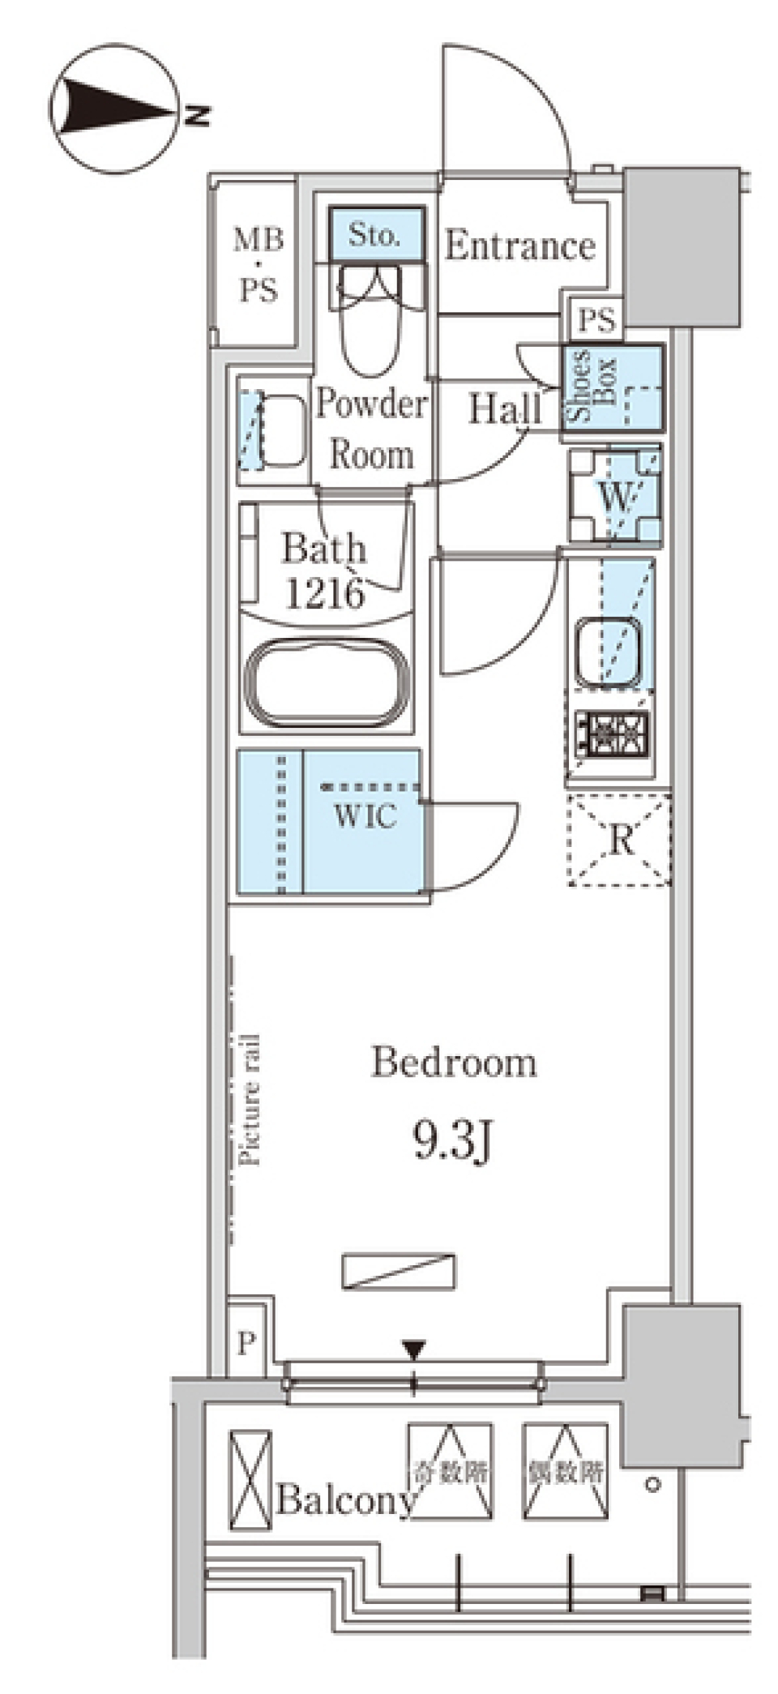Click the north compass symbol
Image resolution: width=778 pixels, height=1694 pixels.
click(x=113, y=109)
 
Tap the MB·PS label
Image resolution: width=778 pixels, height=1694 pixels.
click(x=259, y=264)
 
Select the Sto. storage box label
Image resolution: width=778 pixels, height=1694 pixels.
click(x=374, y=235)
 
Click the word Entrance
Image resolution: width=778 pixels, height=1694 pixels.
click(x=519, y=246)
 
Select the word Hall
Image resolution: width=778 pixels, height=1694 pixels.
click(x=505, y=409)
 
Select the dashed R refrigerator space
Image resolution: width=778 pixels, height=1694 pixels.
click(x=620, y=841)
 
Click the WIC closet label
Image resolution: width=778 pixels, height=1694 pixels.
click(x=365, y=815)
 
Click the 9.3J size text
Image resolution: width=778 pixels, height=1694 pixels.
click(x=453, y=1141)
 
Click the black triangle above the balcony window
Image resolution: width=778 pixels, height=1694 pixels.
click(x=414, y=1350)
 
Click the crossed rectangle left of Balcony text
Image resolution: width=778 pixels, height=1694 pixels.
click(x=250, y=1479)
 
